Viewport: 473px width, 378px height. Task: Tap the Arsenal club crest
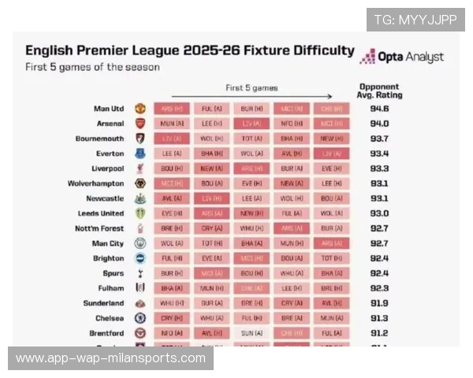pos(140,124)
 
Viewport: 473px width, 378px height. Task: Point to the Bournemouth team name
pos(98,139)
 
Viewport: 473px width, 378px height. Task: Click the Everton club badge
pos(140,154)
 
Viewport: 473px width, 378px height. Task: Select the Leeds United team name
pos(101,213)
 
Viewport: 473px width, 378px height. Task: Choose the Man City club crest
pos(140,243)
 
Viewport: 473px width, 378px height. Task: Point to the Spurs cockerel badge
pos(140,273)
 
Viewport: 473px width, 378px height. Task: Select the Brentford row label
pos(104,333)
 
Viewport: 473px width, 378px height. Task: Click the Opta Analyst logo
pos(402,57)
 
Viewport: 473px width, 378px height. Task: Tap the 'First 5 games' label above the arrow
pos(251,88)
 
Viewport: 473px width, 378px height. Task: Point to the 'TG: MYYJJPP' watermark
pos(415,20)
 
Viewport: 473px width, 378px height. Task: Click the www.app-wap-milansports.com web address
pos(110,358)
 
